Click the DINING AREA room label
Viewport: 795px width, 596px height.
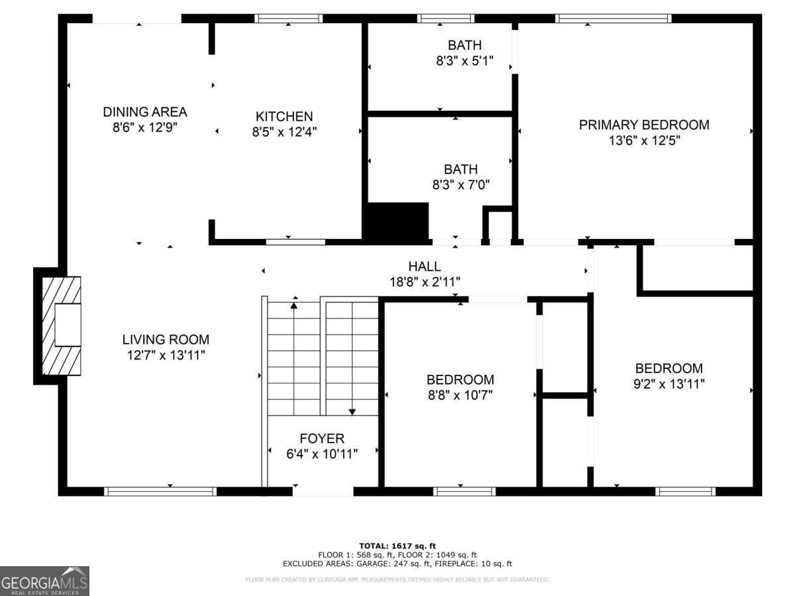(x=144, y=112)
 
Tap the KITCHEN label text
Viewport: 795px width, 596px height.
(x=284, y=117)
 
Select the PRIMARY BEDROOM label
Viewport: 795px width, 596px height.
(x=644, y=124)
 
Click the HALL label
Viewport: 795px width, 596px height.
(x=425, y=266)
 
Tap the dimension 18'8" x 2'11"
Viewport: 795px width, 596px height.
(x=425, y=282)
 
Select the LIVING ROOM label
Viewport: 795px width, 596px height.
(x=166, y=340)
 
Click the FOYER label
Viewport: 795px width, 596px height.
(x=322, y=438)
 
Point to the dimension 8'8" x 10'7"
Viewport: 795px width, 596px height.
(x=460, y=395)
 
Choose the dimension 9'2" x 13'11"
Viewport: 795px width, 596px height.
(x=669, y=383)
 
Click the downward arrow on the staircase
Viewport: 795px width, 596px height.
(x=352, y=411)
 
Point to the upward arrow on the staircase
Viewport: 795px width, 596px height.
(x=294, y=305)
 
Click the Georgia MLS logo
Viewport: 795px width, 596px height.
(x=44, y=581)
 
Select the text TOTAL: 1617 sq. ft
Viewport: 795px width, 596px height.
(x=397, y=545)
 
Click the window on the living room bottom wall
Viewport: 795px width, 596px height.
(x=160, y=491)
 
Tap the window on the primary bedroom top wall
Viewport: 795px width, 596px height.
(x=613, y=19)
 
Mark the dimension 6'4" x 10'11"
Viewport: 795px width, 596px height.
(x=322, y=454)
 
